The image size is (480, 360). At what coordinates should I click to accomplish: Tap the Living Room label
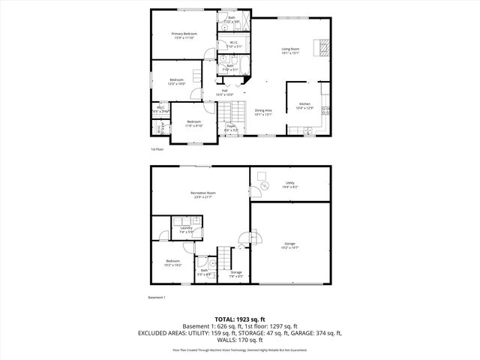point(290,50)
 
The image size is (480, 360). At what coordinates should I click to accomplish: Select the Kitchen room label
point(304,105)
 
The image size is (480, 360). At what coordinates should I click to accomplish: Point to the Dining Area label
point(263,112)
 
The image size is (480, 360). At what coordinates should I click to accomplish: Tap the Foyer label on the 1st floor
point(232,128)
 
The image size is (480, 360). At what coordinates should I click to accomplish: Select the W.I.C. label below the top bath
point(234,43)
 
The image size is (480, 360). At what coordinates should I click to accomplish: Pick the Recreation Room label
point(202,195)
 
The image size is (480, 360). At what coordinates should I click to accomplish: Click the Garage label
point(289,246)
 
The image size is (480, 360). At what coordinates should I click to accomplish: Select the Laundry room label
point(185,229)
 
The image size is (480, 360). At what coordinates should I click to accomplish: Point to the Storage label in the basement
point(235,274)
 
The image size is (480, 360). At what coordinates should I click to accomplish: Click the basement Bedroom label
point(172,262)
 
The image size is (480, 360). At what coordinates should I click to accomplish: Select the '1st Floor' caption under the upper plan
point(156,149)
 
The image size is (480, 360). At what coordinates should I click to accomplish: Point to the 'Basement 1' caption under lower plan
point(157,298)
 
